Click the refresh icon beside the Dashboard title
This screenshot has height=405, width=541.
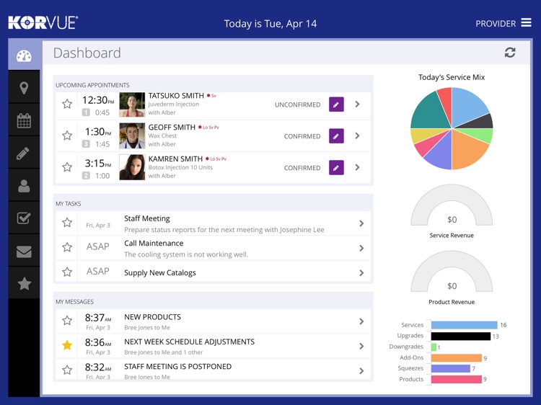pyautogui.click(x=510, y=53)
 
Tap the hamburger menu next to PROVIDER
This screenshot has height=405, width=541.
pyautogui.click(x=526, y=23)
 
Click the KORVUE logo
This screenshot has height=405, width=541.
pyautogui.click(x=43, y=23)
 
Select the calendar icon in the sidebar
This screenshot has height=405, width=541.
pyautogui.click(x=24, y=120)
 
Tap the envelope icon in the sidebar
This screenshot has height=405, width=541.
pyautogui.click(x=24, y=252)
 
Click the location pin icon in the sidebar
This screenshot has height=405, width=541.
pyautogui.click(x=24, y=88)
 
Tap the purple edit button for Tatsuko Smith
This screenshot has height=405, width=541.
pyautogui.click(x=335, y=104)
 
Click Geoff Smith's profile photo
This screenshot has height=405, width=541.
pyautogui.click(x=132, y=135)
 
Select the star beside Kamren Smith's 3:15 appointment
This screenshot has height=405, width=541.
pyautogui.click(x=67, y=167)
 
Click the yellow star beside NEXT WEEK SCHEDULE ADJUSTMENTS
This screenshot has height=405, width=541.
pyautogui.click(x=67, y=346)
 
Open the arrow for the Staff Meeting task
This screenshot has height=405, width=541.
pyautogui.click(x=361, y=224)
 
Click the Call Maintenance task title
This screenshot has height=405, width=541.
pyautogui.click(x=154, y=244)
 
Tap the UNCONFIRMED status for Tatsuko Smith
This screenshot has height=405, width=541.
pyautogui.click(x=297, y=105)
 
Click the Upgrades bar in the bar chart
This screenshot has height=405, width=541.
pyautogui.click(x=460, y=337)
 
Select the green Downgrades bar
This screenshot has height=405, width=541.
pyautogui.click(x=434, y=347)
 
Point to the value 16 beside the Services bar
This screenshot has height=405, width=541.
pyautogui.click(x=503, y=326)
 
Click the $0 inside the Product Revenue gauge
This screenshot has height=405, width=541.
pyautogui.click(x=452, y=286)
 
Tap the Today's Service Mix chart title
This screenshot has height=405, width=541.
pyautogui.click(x=452, y=77)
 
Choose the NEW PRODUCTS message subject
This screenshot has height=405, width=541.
pyautogui.click(x=152, y=317)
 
